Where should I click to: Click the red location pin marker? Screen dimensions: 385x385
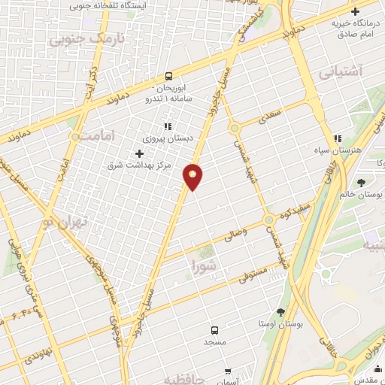pyautogui.click(x=193, y=176)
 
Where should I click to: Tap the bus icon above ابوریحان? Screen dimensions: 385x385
pyautogui.click(x=168, y=75)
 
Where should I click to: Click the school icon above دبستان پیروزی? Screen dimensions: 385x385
pyautogui.click(x=168, y=127)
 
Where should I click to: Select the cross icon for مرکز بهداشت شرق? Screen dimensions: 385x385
pyautogui.click(x=138, y=153)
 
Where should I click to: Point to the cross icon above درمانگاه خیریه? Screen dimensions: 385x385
pyautogui.click(x=354, y=12)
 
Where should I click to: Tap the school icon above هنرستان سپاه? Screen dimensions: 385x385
pyautogui.click(x=339, y=138)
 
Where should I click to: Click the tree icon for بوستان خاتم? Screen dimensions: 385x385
pyautogui.click(x=362, y=182)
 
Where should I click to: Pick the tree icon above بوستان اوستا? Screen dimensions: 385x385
pyautogui.click(x=280, y=312)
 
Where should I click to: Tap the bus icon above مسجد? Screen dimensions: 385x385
pyautogui.click(x=215, y=330)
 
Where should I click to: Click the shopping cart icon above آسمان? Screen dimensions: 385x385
pyautogui.click(x=228, y=371)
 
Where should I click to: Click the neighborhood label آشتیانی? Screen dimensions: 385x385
pyautogui.click(x=340, y=73)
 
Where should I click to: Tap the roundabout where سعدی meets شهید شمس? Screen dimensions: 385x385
pyautogui.click(x=235, y=128)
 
